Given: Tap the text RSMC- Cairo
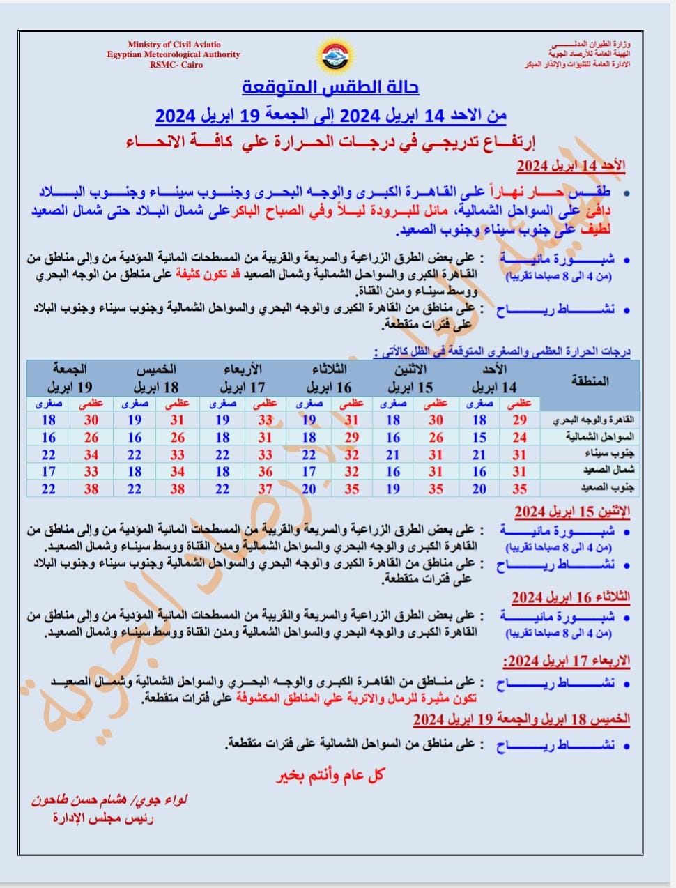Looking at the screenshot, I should (x=176, y=65).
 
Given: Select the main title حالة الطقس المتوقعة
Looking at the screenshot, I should (x=331, y=88).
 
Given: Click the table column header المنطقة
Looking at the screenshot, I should (x=590, y=381).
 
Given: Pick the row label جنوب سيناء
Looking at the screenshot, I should (x=604, y=454).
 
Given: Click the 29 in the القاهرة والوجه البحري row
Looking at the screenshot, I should (x=519, y=420).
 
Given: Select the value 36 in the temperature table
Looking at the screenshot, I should (x=265, y=472).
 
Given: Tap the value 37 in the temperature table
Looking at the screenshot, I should (x=265, y=489).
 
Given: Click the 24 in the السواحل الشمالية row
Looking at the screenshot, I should (x=519, y=438).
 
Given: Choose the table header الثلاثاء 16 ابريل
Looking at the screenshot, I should (x=330, y=378).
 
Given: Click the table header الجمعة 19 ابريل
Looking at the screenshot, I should (x=70, y=378).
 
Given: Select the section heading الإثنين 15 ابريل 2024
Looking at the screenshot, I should (x=571, y=512).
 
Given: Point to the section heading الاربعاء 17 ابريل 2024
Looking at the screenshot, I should (x=566, y=660).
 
